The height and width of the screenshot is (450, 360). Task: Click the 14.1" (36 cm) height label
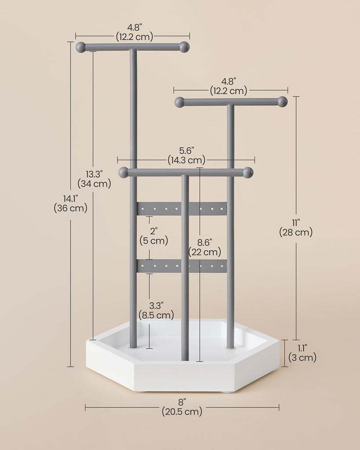(x=70, y=203)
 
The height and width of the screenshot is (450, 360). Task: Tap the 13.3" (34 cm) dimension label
(x=94, y=179)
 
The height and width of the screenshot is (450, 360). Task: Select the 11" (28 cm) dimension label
(x=296, y=228)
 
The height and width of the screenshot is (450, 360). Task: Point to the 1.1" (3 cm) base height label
(x=302, y=353)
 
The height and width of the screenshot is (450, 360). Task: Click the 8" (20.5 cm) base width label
(x=182, y=406)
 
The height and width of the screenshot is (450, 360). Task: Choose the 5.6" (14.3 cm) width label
(x=187, y=155)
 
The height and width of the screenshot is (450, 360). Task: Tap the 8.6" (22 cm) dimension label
(x=205, y=247)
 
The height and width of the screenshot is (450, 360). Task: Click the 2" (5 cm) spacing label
(x=154, y=236)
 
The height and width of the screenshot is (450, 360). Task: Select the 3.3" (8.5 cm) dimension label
(x=156, y=310)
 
